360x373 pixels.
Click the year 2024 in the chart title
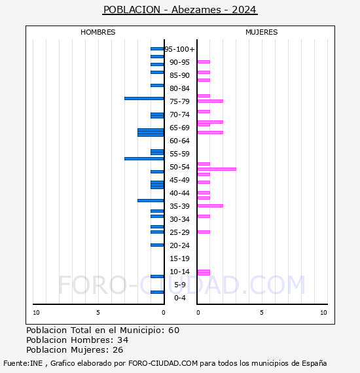(244, 10)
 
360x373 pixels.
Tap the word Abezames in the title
(196, 10)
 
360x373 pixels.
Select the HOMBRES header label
(98, 32)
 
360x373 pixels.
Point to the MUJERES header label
(262, 32)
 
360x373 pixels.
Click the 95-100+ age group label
(179, 49)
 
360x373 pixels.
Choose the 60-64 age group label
(179, 141)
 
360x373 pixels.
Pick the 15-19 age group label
(179, 258)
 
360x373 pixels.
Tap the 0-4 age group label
(179, 298)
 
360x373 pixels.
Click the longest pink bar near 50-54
(217, 169)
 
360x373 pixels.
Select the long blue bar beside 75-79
(144, 98)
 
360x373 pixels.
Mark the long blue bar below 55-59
(144, 158)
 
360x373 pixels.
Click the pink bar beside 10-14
(204, 272)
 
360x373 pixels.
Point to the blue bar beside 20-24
(157, 245)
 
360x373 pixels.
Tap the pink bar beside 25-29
(204, 232)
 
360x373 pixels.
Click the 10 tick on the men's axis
(36, 313)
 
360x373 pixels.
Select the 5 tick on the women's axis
(262, 313)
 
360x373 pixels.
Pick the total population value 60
(173, 330)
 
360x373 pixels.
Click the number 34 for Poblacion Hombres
(123, 340)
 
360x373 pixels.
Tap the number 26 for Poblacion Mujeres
(118, 349)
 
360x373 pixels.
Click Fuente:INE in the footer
(23, 363)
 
